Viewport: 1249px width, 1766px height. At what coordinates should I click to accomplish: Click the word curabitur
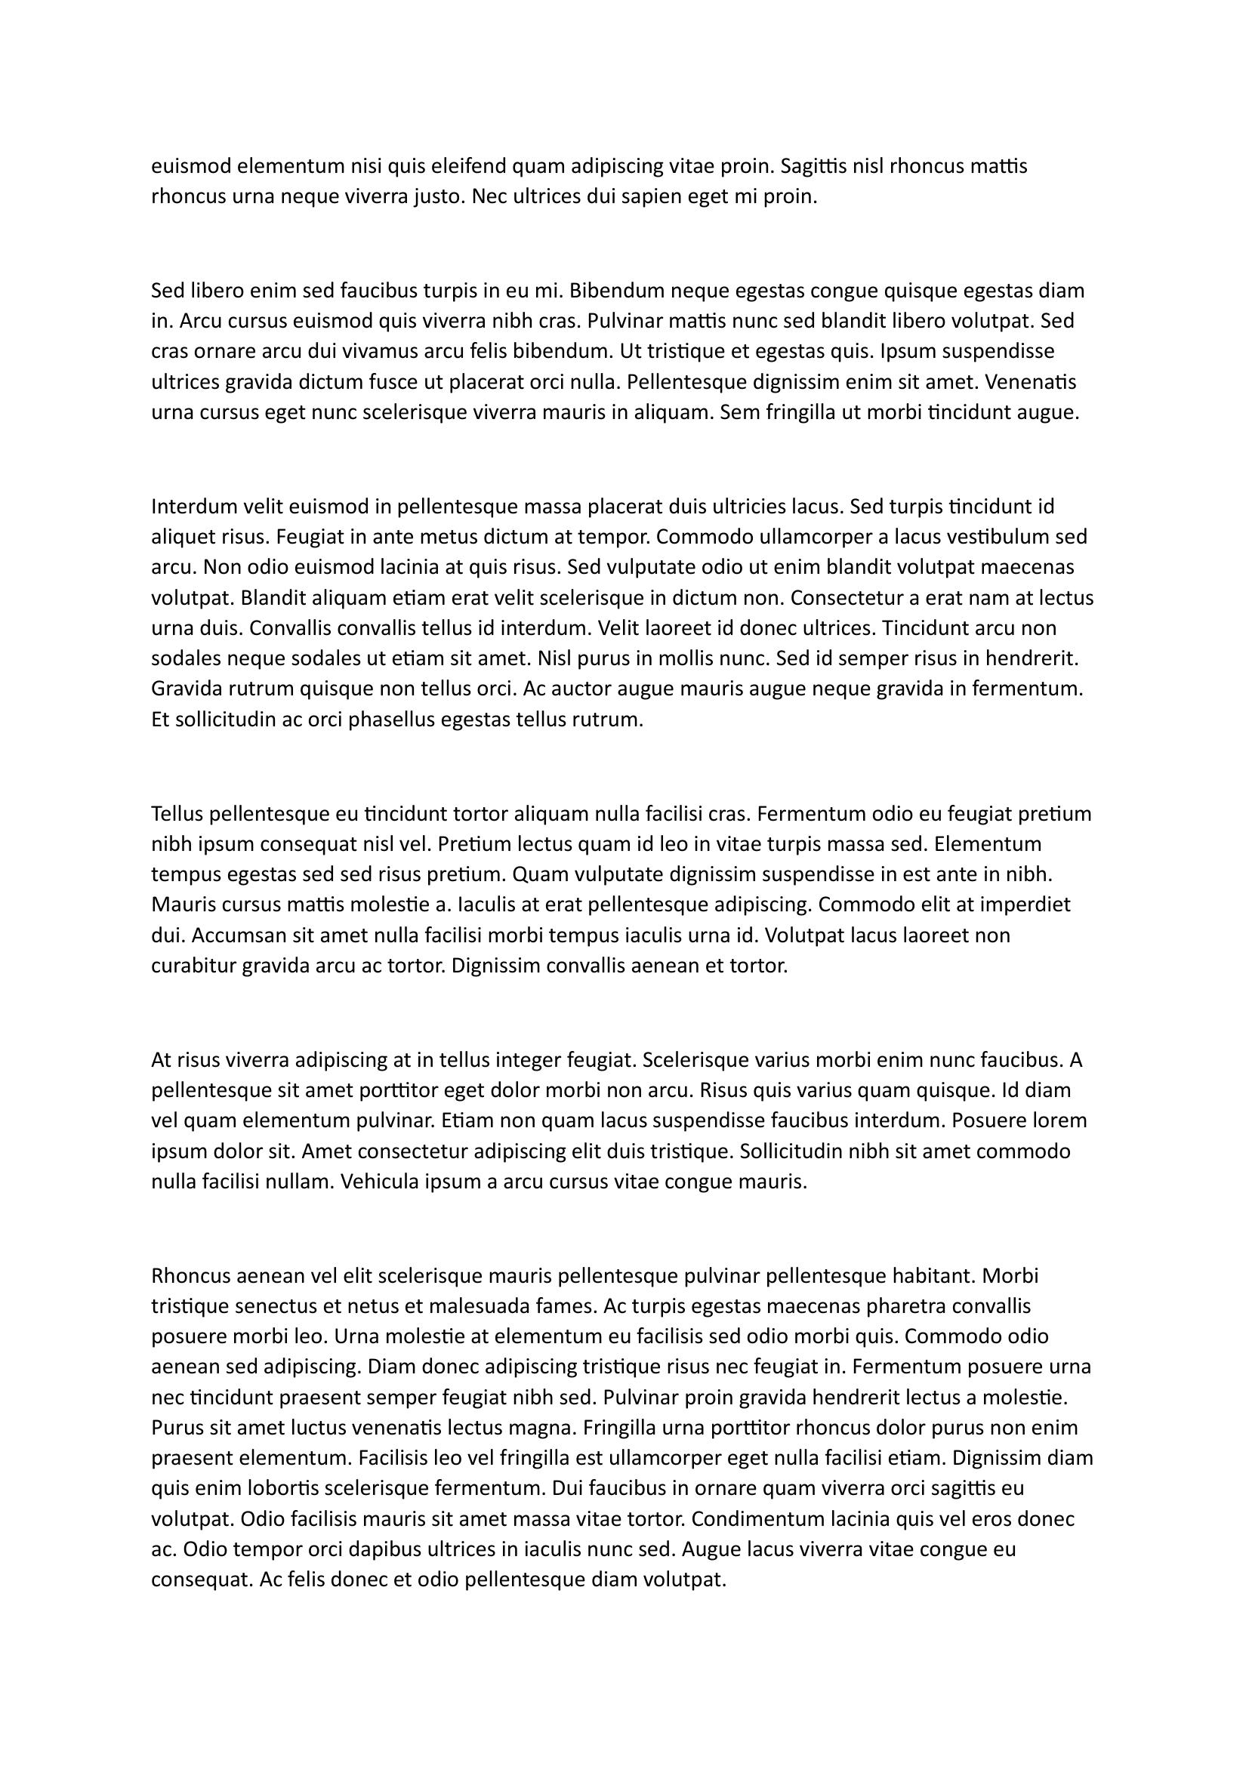pos(193,966)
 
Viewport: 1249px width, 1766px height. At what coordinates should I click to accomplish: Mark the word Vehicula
pos(383,1182)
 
